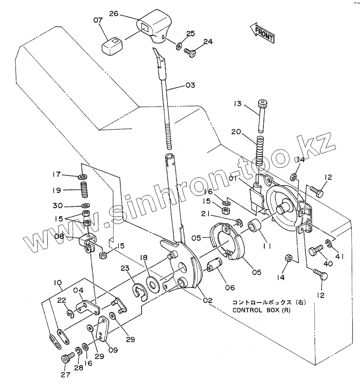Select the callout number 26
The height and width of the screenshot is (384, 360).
[114, 14]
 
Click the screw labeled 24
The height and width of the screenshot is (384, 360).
[190, 52]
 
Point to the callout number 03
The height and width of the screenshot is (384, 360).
[191, 85]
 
